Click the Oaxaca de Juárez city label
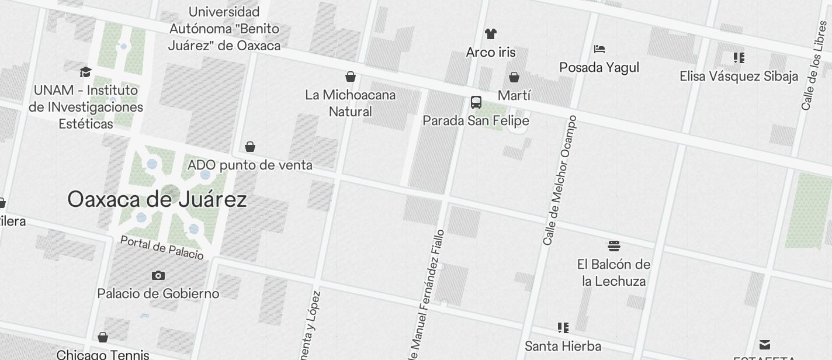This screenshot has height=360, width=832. [x=157, y=200]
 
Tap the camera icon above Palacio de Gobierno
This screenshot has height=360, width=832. [x=158, y=275]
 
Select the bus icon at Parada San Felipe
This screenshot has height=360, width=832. [x=476, y=102]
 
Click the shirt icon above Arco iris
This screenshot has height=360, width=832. [x=491, y=34]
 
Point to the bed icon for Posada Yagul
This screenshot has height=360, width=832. [x=599, y=49]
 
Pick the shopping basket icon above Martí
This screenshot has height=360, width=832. [x=514, y=77]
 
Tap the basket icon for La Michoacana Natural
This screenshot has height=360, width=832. [x=351, y=76]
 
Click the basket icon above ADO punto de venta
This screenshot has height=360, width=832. [x=250, y=146]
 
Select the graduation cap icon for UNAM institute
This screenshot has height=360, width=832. [x=86, y=72]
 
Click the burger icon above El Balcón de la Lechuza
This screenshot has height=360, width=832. [x=613, y=245]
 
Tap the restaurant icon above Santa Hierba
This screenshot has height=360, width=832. [x=563, y=327]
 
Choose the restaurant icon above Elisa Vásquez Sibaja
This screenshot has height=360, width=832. [x=739, y=57]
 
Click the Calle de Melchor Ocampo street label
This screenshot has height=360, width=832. [x=560, y=181]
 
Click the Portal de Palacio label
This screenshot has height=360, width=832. [x=162, y=248]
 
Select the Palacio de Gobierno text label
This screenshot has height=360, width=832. [x=158, y=293]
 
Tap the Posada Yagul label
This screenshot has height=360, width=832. [x=599, y=68]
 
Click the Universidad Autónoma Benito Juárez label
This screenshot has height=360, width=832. [x=224, y=28]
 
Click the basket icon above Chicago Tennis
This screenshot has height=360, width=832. [x=103, y=337]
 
